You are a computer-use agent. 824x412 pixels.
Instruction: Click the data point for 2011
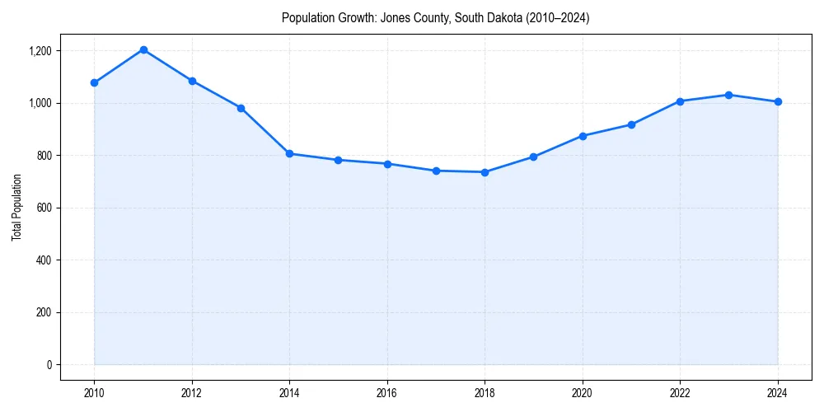[143, 49]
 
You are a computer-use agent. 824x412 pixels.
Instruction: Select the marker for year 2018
[485, 172]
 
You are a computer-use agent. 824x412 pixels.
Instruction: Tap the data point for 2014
[289, 154]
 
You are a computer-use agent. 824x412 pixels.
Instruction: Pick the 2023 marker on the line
[729, 95]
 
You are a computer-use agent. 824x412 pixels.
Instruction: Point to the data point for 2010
[94, 82]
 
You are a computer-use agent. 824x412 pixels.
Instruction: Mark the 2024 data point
[778, 101]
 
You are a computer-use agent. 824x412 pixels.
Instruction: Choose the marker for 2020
[583, 136]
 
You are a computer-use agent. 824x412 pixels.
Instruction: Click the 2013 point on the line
[241, 108]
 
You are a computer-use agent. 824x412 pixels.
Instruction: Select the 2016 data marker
[387, 164]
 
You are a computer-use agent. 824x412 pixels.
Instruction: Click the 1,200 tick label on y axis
[40, 51]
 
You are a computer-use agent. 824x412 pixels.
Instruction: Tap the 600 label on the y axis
[44, 208]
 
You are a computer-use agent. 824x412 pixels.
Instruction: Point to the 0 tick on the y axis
[48, 365]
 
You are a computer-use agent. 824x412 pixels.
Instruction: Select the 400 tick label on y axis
[44, 260]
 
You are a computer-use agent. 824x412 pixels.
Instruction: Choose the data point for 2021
[631, 124]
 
